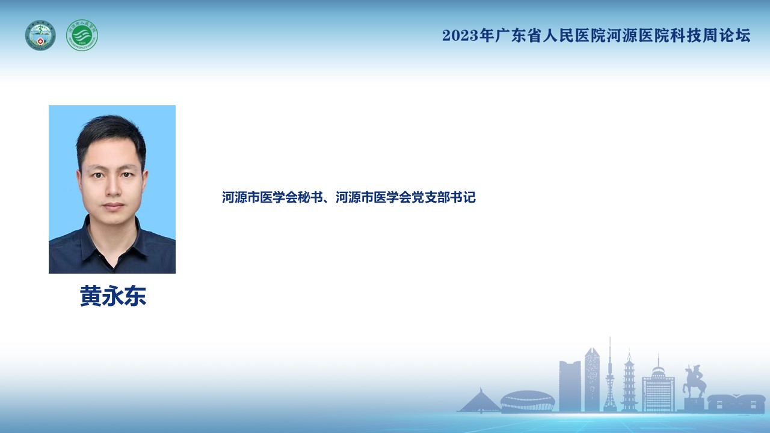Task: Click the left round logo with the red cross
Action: click(40, 35)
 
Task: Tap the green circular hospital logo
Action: click(82, 35)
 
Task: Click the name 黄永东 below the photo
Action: click(113, 296)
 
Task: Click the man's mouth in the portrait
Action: click(113, 206)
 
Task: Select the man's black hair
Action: click(111, 138)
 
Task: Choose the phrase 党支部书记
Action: click(443, 197)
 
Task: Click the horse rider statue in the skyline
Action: click(694, 382)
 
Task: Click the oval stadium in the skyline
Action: click(528, 401)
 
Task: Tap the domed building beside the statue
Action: click(658, 387)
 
